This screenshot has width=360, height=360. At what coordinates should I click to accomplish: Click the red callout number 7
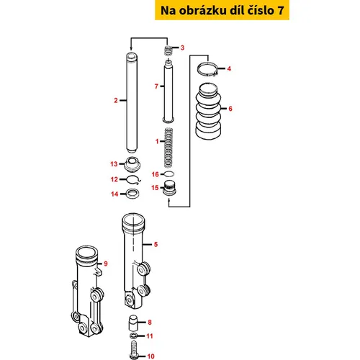156,86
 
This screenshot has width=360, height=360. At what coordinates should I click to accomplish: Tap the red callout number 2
116,100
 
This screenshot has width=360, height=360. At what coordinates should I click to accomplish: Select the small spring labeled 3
168,50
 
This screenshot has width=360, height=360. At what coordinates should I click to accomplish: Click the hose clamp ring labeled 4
207,69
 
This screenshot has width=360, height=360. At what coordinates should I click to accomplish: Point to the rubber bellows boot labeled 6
208,111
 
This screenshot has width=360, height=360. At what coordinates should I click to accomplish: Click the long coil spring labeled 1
168,148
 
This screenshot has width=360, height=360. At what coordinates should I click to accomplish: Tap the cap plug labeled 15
169,188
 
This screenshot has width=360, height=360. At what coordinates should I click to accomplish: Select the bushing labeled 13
132,164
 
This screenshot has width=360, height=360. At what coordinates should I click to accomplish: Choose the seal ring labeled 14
132,194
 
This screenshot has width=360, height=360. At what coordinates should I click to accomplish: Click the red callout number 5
156,244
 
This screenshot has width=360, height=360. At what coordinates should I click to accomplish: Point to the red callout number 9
106,264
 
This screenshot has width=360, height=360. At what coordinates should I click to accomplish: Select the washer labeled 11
133,336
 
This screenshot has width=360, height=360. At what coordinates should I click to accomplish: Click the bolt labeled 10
134,350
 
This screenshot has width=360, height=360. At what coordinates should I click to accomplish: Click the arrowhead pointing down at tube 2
131,48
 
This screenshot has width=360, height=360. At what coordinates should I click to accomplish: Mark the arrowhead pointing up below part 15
169,200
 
